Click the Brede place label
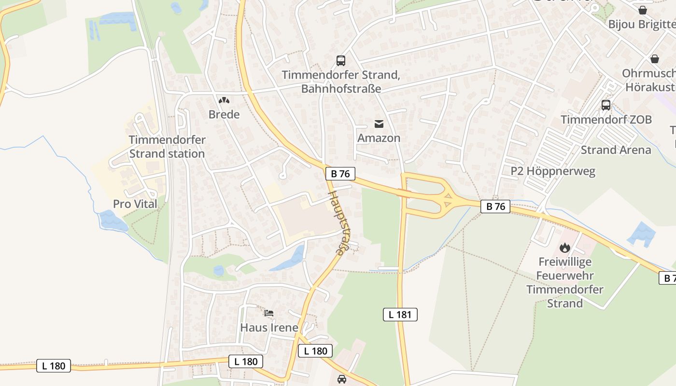coord(224,114)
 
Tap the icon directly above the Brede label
coord(224,100)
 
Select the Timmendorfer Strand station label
coord(167,147)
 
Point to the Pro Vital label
coord(135,204)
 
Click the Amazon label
coord(379,138)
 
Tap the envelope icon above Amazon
coord(379,124)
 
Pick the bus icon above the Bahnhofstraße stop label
coord(341,61)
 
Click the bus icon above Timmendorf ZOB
coord(606,105)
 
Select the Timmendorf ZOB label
coord(606,120)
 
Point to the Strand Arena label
coord(616,150)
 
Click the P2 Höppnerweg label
coord(553,171)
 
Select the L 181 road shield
coord(400,315)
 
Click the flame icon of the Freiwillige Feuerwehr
coord(564,248)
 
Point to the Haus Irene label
coord(269,328)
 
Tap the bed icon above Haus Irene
coord(269,314)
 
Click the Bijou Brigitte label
coord(642,24)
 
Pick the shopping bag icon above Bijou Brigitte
coord(643,10)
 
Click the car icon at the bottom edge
coord(342,379)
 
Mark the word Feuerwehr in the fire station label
coord(564,276)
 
